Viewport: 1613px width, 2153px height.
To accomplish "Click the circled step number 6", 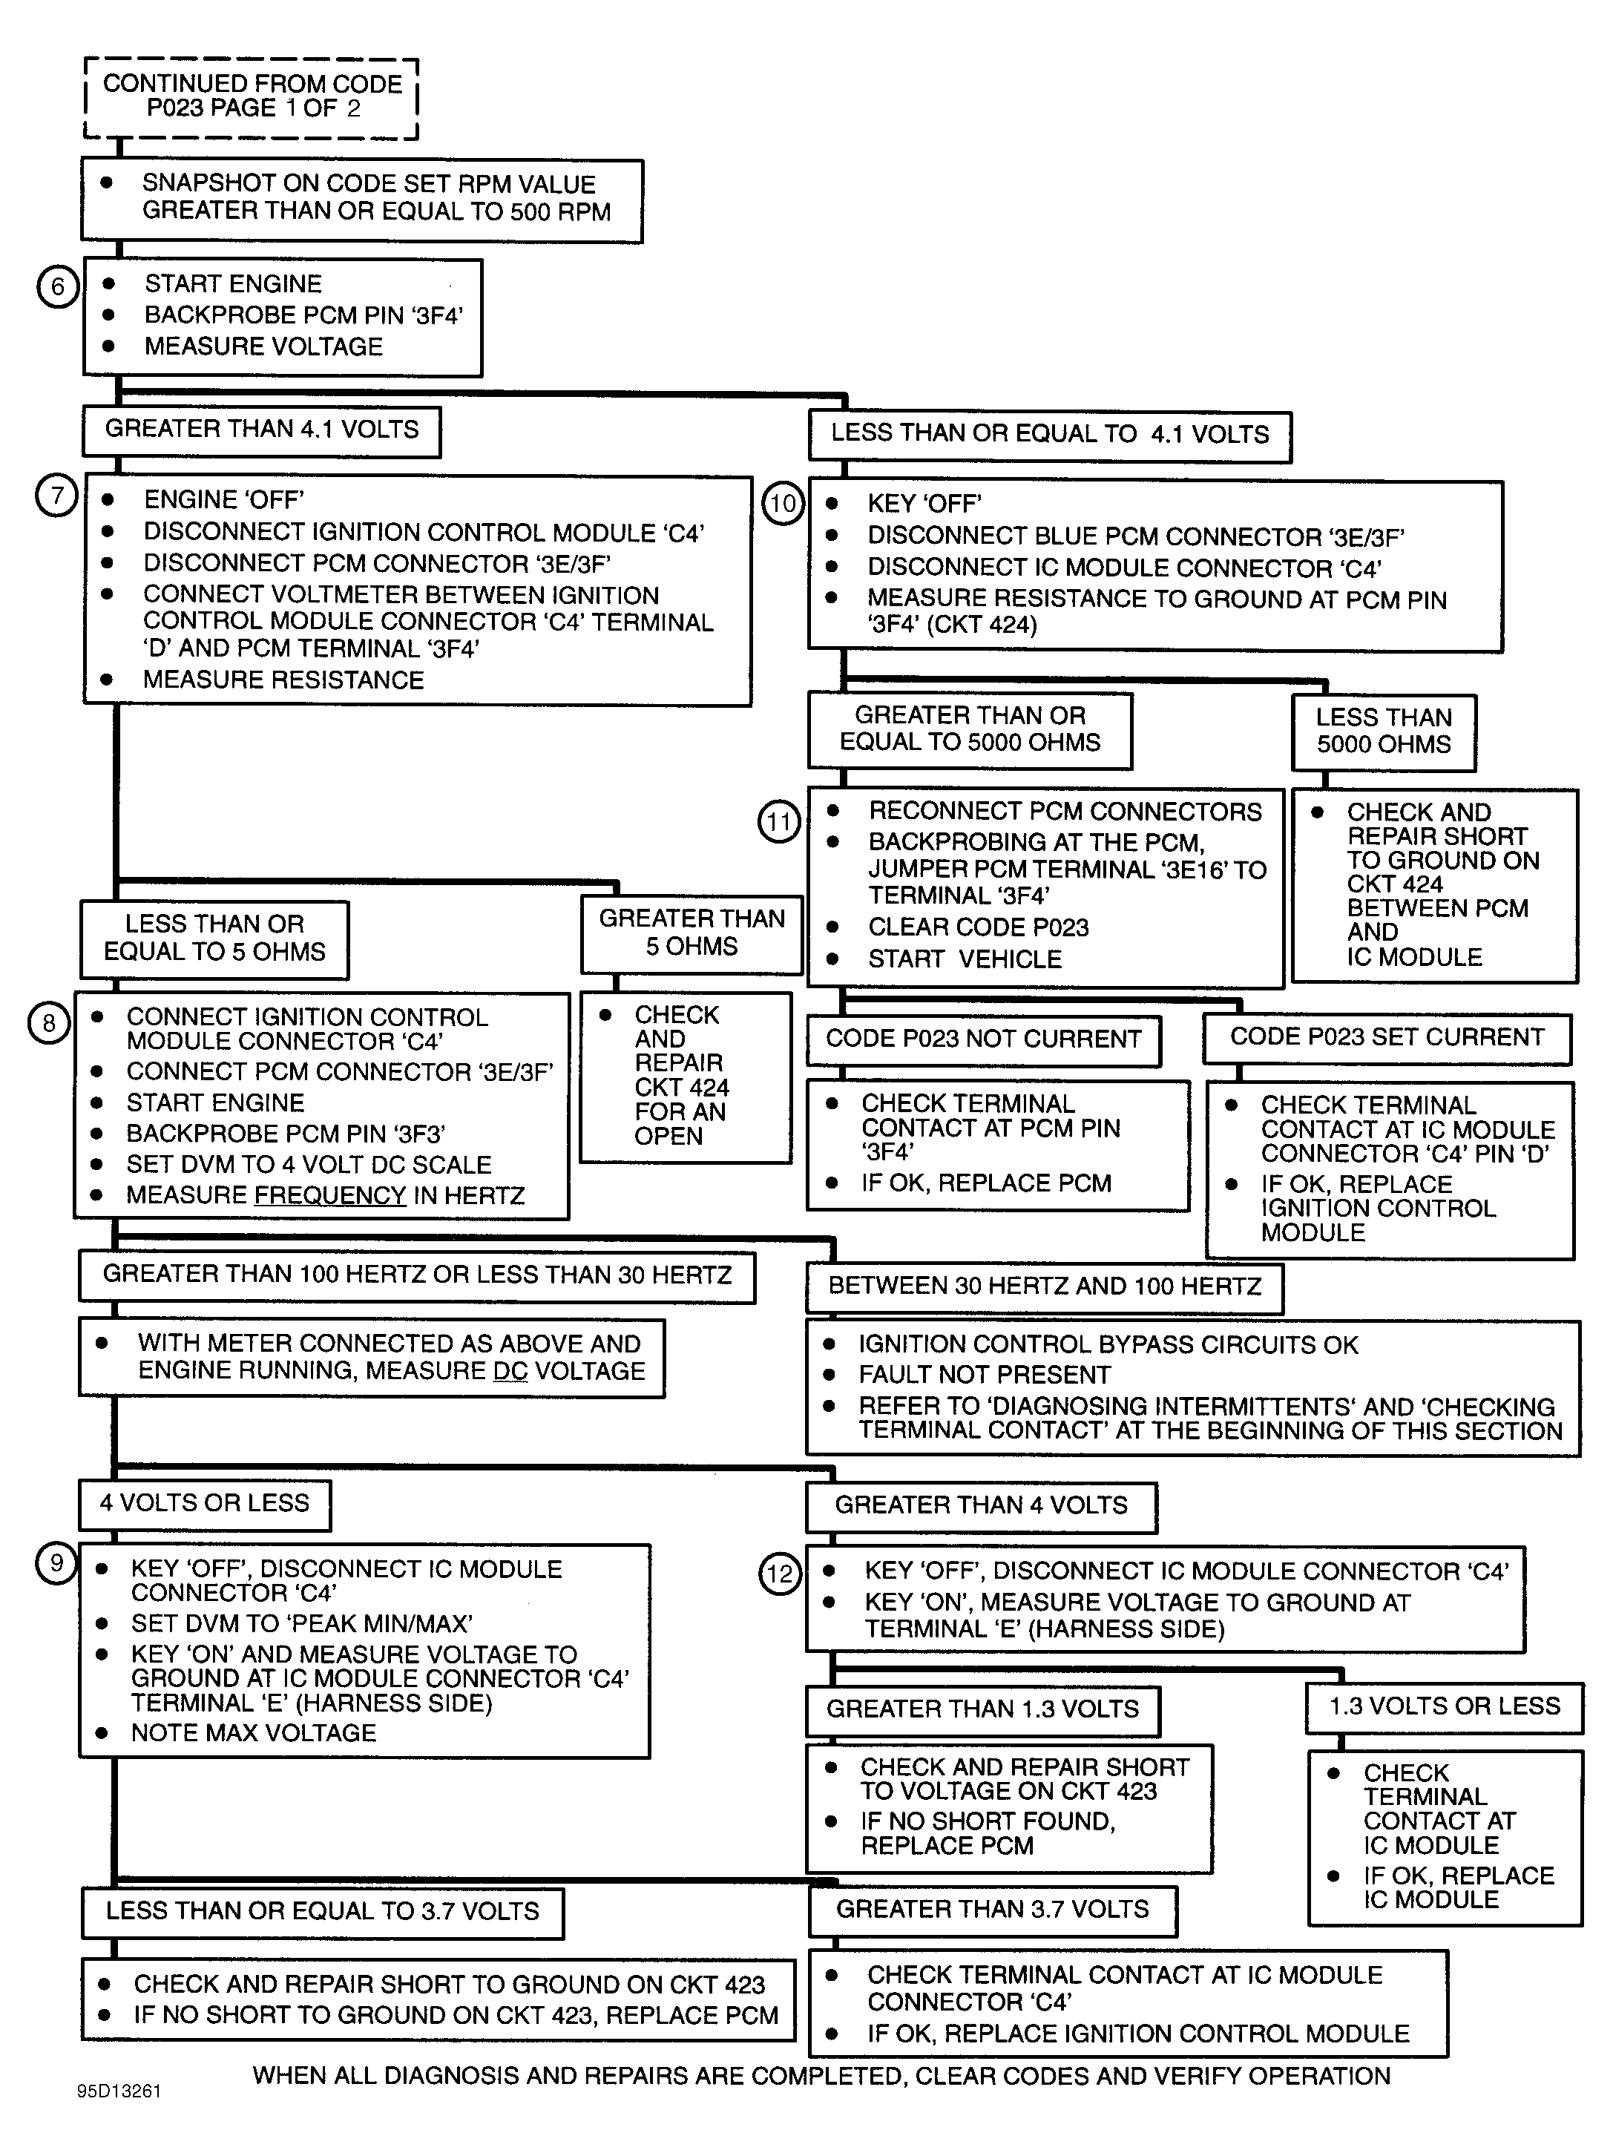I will (x=57, y=287).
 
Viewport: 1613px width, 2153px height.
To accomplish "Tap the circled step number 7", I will (x=56, y=496).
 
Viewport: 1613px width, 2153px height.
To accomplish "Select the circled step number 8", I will (x=49, y=1024).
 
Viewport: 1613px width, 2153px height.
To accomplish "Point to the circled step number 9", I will (x=56, y=1563).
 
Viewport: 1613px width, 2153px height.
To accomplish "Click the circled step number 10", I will (x=783, y=504).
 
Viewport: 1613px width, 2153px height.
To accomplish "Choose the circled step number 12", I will (x=780, y=1574).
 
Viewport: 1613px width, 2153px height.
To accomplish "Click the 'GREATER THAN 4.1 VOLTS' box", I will (x=261, y=430).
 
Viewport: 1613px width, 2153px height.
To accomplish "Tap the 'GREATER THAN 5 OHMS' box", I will (x=691, y=933).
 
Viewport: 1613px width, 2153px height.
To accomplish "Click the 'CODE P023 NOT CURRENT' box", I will (x=983, y=1039).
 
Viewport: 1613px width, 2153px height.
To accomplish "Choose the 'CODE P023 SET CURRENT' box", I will (x=1386, y=1038).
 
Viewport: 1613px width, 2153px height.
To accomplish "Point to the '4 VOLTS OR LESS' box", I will (x=205, y=1504).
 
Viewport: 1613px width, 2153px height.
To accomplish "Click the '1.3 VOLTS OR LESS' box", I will (x=1444, y=1706).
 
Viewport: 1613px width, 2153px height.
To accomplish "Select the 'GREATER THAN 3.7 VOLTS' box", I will (x=992, y=1910).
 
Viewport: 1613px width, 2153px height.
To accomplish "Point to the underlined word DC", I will (x=510, y=1372).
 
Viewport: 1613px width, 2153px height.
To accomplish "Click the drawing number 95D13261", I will (x=119, y=2091).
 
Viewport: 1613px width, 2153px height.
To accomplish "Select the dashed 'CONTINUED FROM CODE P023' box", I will (x=252, y=97).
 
